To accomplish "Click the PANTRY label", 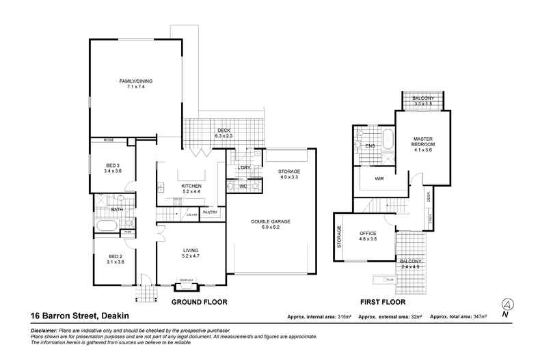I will (x=210, y=212).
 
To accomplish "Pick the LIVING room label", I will (x=190, y=252).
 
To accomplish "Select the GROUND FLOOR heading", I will (x=199, y=301).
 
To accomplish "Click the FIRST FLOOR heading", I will (x=383, y=301).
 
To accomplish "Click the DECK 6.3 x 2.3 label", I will (x=224, y=133).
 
